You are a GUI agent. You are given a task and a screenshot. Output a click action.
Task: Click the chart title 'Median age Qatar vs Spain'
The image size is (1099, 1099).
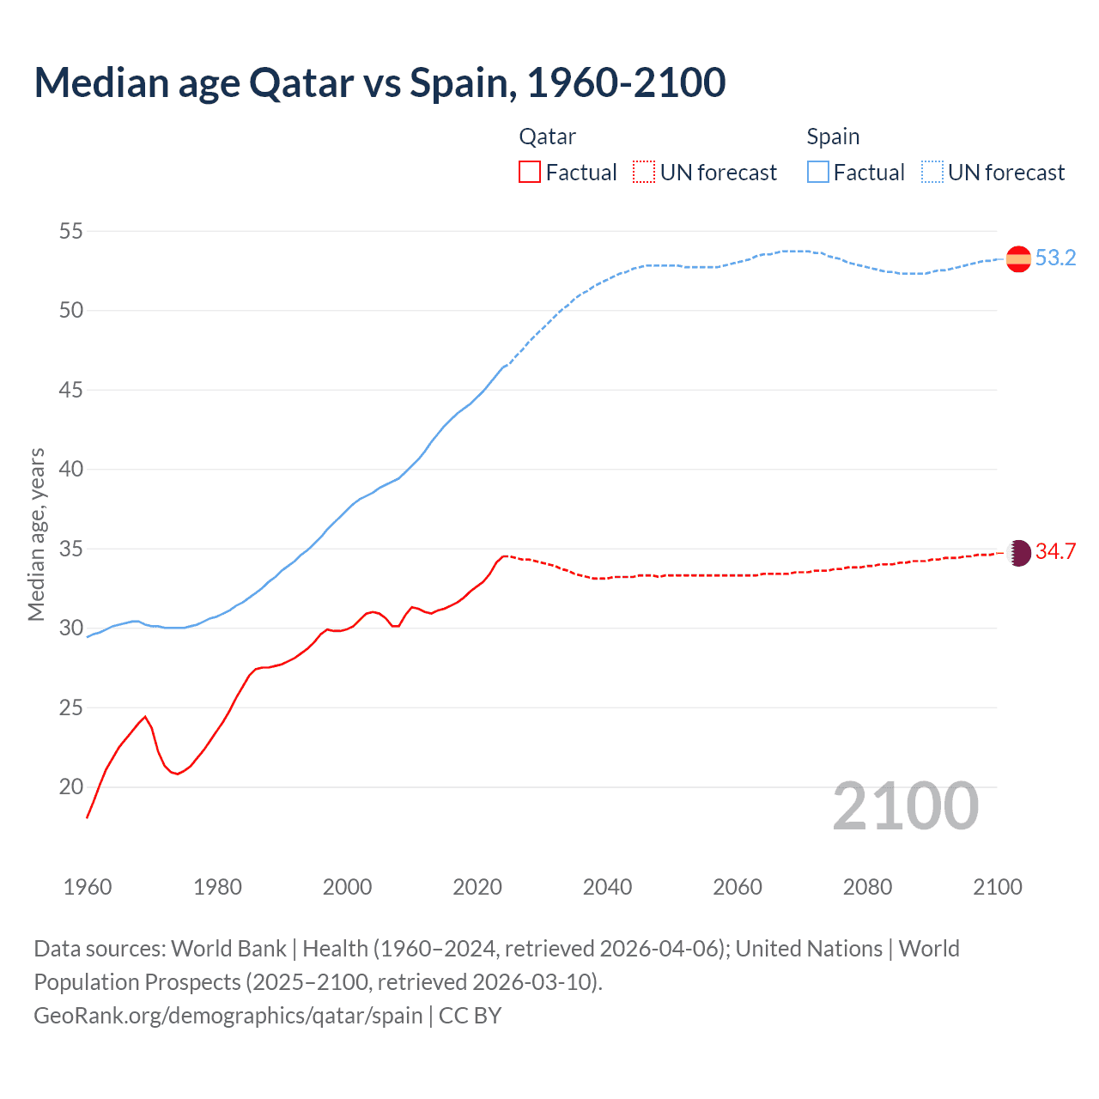[379, 82]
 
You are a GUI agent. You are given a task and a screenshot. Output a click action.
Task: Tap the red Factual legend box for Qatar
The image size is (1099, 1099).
[530, 173]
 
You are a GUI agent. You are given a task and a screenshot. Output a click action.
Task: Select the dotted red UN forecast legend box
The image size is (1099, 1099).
[643, 173]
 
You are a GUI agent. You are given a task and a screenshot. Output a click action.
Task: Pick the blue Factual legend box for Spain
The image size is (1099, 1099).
[817, 173]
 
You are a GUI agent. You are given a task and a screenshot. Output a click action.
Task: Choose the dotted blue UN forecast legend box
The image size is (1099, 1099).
[932, 173]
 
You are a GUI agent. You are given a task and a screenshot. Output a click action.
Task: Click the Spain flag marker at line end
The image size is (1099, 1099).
[1018, 258]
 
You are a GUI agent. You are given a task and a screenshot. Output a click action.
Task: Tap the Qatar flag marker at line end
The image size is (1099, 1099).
[1018, 552]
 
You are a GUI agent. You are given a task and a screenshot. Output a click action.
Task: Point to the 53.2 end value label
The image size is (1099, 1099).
[1055, 258]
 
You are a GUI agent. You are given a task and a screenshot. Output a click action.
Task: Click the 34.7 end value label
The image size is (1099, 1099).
[1055, 552]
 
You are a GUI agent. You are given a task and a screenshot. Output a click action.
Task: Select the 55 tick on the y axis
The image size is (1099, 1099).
[71, 231]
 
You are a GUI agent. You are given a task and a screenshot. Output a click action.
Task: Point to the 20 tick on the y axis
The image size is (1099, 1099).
[71, 786]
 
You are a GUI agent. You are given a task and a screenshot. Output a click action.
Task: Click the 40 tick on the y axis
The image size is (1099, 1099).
[71, 469]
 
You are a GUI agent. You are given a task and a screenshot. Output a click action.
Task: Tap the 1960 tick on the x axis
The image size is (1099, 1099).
[88, 887]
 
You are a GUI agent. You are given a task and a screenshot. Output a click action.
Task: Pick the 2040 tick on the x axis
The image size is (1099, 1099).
[607, 887]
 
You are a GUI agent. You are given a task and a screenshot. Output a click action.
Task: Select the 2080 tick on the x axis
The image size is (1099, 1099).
[867, 887]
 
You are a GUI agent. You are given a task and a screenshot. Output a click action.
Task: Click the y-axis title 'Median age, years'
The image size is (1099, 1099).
[36, 534]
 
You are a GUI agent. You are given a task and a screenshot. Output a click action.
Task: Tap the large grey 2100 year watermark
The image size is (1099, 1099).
[905, 805]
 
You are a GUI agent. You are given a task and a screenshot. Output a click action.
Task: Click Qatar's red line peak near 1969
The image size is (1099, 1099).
[145, 717]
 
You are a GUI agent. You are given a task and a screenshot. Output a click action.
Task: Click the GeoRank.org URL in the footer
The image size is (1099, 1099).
[228, 1016]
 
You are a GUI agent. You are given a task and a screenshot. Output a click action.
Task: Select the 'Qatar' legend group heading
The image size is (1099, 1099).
[547, 137]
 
